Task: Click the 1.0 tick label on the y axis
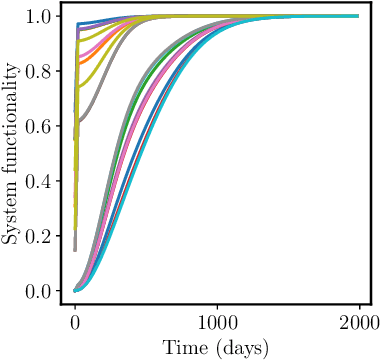41,17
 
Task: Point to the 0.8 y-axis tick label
41,72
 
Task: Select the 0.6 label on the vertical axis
41,127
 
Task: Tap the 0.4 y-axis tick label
41,181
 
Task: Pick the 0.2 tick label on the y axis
41,236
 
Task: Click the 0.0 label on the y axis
41,291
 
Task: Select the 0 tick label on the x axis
75,322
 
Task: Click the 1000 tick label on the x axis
217,322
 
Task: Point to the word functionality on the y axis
12,127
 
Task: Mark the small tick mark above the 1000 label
217,307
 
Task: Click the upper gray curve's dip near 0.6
79,121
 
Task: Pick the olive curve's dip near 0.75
80,87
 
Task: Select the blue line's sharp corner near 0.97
78,23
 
